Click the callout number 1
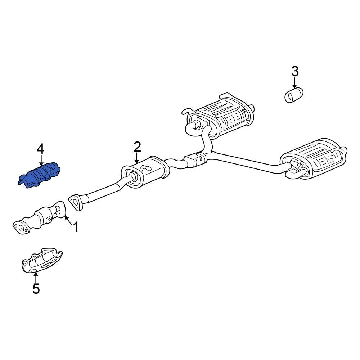coord(76,227)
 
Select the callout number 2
coord(137,147)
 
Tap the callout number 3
coord(295,71)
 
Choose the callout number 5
coord(36,288)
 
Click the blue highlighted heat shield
coord(39,175)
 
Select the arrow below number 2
coord(137,158)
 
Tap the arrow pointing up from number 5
coord(36,278)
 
